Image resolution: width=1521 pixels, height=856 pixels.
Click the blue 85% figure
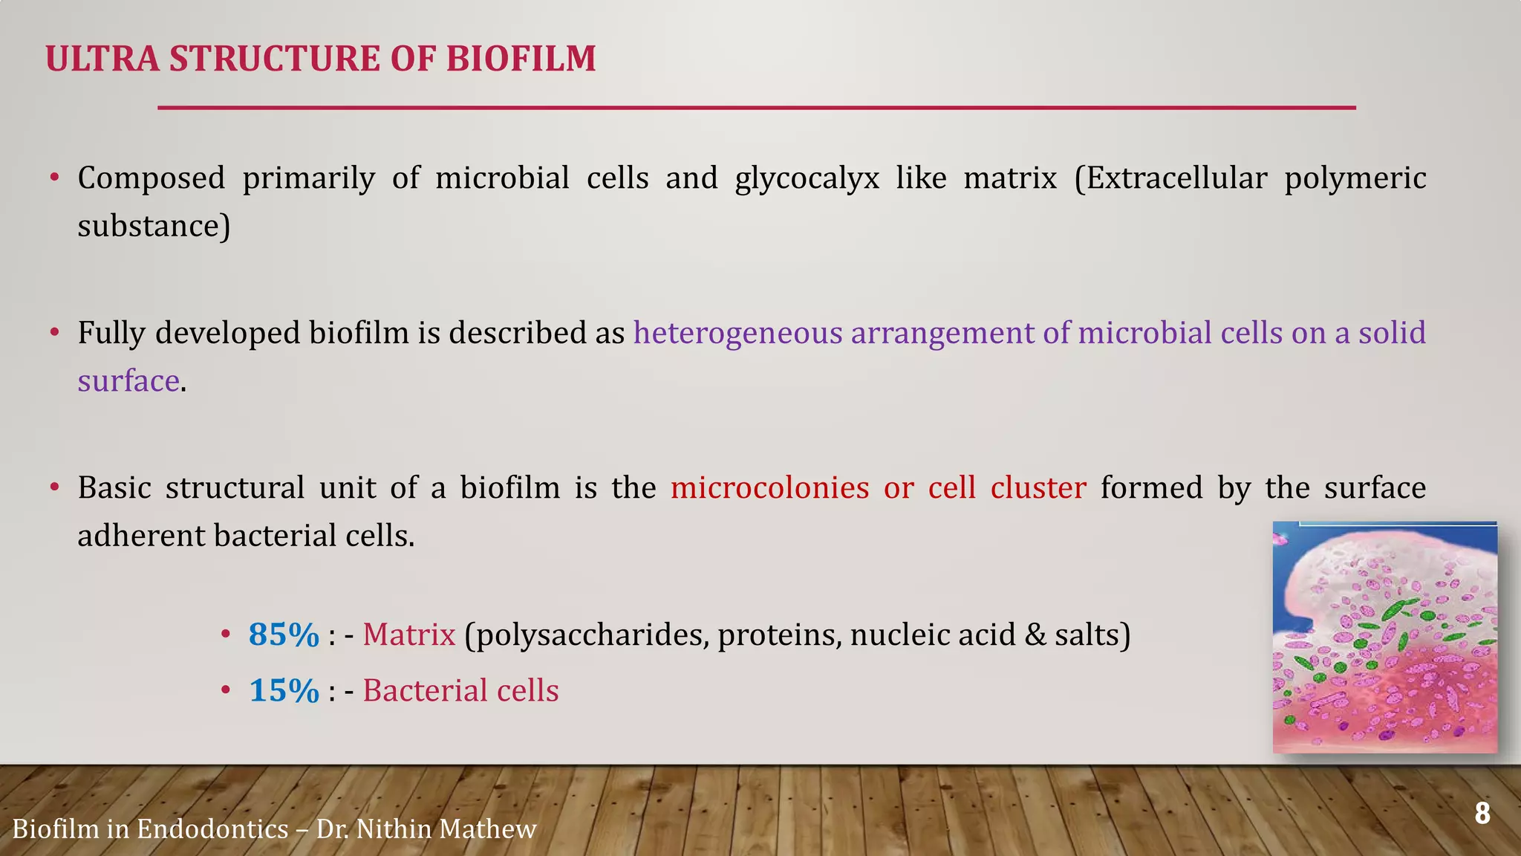click(283, 635)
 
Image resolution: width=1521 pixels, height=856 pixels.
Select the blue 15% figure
click(283, 690)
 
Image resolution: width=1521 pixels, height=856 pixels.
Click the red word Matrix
click(408, 635)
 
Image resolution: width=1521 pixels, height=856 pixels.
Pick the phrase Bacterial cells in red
click(460, 690)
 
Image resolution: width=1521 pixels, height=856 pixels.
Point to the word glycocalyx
click(807, 179)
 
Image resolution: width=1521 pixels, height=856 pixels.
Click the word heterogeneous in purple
click(737, 333)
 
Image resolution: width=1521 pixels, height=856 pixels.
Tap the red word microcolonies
click(769, 488)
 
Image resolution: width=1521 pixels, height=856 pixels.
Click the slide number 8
click(1482, 814)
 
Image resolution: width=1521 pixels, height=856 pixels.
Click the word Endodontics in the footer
click(212, 829)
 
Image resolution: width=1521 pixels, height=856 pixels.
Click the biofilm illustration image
click(1384, 637)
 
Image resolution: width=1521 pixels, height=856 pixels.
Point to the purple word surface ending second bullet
click(128, 381)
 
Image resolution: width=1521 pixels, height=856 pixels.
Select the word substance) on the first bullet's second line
click(154, 226)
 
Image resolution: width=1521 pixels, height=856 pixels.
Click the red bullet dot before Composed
click(54, 178)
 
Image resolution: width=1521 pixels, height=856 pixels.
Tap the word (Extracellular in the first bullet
click(1170, 178)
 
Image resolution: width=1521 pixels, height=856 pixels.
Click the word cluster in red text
click(1038, 488)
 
